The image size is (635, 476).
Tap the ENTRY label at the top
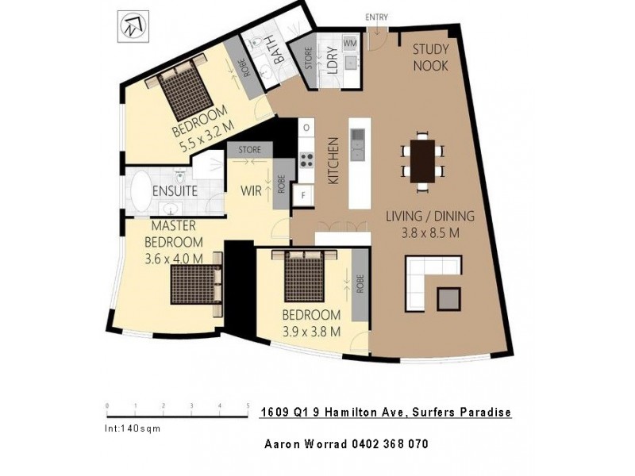point(375,16)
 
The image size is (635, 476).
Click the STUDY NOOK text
point(431,57)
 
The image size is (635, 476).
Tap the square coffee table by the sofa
point(448,298)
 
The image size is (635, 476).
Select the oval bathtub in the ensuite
point(144,191)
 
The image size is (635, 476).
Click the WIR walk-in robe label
point(252,190)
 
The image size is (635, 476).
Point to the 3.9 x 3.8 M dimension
point(312,332)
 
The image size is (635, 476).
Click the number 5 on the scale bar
point(248,405)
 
